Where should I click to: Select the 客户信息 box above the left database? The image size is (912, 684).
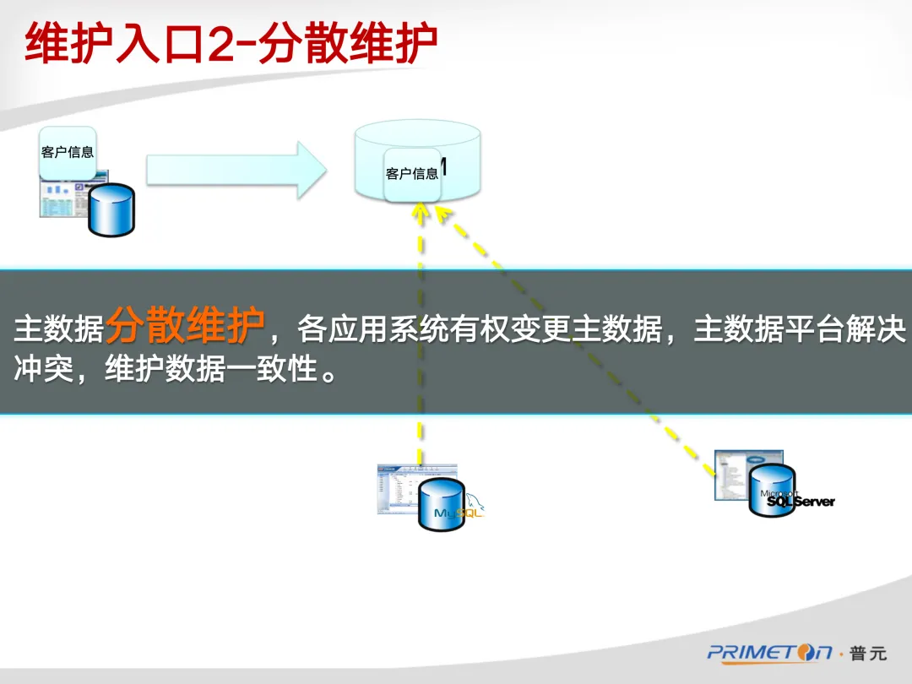pos(68,152)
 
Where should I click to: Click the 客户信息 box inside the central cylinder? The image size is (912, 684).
pos(412,174)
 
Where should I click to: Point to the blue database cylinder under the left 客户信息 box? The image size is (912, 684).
pos(112,209)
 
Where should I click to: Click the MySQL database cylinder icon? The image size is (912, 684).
pos(442,505)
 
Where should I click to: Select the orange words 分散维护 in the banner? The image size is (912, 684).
pos(185,325)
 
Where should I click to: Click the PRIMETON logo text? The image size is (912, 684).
pos(769,653)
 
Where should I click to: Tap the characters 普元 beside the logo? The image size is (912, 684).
pos(869,653)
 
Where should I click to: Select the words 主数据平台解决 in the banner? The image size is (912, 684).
pos(799,330)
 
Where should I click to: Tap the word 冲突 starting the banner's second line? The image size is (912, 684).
pos(43,369)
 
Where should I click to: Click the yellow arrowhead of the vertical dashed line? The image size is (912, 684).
pos(421,212)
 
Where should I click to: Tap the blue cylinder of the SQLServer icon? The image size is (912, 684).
pos(772,490)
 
